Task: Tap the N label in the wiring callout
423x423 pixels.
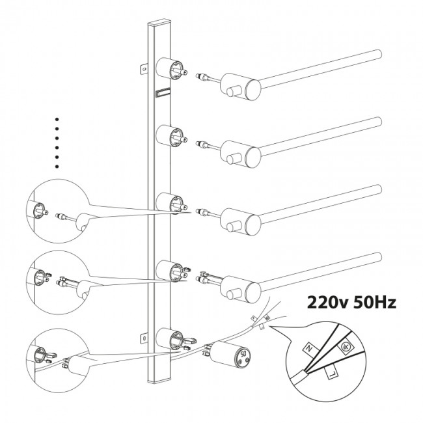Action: (x=309, y=349)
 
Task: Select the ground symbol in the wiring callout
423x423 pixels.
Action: (x=345, y=348)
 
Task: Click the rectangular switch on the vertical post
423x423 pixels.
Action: (x=163, y=93)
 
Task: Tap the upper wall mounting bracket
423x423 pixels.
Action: (x=144, y=69)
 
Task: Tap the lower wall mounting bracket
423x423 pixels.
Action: (x=144, y=338)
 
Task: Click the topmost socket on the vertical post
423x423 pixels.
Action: (x=171, y=69)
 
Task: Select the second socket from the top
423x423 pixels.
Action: (x=171, y=137)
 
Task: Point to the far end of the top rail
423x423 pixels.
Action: (x=379, y=54)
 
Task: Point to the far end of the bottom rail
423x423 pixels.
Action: (x=379, y=257)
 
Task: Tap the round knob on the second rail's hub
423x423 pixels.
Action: (x=231, y=159)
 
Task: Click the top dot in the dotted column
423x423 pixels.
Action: (x=57, y=119)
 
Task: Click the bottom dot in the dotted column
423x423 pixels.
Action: (x=57, y=167)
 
